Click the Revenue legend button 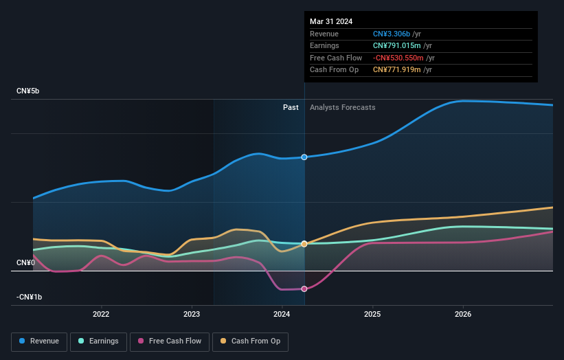pos(39,341)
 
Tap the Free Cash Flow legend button pos(169,341)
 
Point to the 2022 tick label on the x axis pos(101,315)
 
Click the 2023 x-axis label pos(192,315)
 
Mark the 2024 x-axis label pos(282,315)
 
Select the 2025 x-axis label pos(372,315)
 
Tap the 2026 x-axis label pos(463,315)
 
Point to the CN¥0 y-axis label pos(25,262)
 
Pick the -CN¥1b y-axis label pos(30,297)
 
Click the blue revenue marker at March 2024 pos(304,157)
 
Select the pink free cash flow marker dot pos(304,289)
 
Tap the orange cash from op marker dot pos(304,244)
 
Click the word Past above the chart pos(291,107)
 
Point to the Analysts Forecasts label pos(342,107)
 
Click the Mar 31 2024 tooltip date pos(331,21)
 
